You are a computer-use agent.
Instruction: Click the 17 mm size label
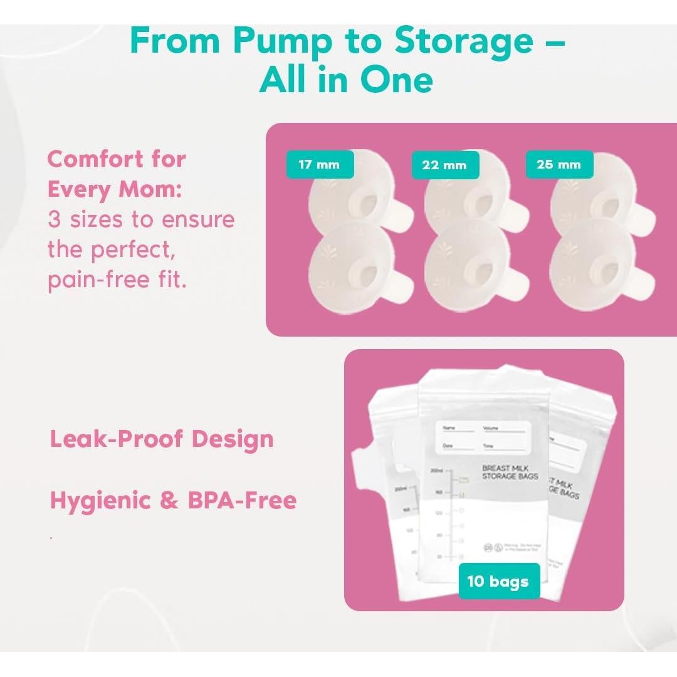pyautogui.click(x=320, y=165)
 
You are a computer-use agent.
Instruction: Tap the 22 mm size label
pyautogui.click(x=445, y=165)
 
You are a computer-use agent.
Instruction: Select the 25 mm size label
pyautogui.click(x=559, y=165)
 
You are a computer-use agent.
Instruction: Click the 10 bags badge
pyautogui.click(x=498, y=581)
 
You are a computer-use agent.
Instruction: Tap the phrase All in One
pyautogui.click(x=346, y=80)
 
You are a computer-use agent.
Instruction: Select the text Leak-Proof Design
pyautogui.click(x=162, y=439)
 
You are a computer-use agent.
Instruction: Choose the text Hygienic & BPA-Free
pyautogui.click(x=173, y=500)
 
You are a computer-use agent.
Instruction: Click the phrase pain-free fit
pyautogui.click(x=117, y=280)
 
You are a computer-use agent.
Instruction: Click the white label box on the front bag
pyautogui.click(x=483, y=436)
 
